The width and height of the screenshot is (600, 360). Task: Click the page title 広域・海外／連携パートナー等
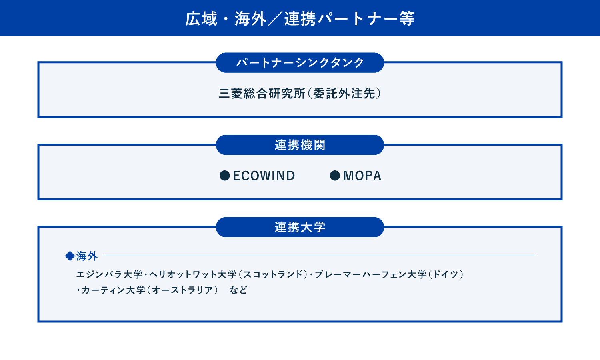point(300,19)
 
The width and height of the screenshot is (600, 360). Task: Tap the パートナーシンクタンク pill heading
point(300,63)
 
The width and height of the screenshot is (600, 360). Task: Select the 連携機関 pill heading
point(300,145)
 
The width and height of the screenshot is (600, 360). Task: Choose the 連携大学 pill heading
point(300,227)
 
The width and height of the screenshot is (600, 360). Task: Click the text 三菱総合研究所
point(262,94)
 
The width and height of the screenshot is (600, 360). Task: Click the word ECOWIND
point(264,176)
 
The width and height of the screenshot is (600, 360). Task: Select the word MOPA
point(362,176)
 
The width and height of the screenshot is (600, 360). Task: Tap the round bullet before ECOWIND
point(225,176)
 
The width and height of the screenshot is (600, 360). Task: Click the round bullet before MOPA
point(335,176)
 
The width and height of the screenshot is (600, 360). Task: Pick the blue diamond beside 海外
point(70,256)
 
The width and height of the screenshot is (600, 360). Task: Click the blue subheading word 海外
point(87,256)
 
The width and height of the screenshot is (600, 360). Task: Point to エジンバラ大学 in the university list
point(109,274)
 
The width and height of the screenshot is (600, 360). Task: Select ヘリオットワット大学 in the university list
point(193,274)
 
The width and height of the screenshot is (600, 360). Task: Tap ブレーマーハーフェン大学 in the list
point(370,274)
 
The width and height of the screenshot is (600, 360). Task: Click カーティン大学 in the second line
point(113,290)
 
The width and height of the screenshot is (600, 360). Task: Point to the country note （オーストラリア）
point(183,290)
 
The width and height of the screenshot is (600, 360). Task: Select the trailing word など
point(238,290)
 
